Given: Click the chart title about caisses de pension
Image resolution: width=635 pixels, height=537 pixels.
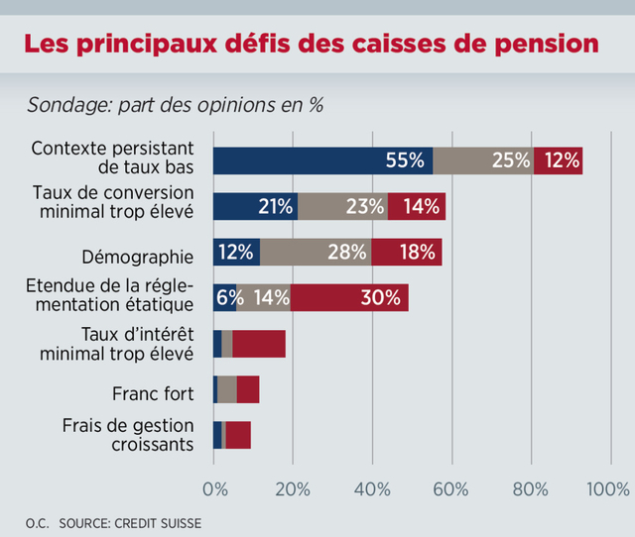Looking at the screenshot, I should click(x=311, y=45).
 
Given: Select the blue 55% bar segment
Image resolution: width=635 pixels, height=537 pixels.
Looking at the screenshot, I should click(x=322, y=161).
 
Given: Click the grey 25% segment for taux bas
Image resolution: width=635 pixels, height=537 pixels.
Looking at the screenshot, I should click(x=483, y=161).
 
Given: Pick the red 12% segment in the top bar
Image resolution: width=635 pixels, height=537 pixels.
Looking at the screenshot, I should click(x=558, y=161).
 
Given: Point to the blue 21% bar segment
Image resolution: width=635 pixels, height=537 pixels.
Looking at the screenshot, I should click(x=255, y=206).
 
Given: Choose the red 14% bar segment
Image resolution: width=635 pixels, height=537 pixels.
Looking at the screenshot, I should click(x=417, y=206).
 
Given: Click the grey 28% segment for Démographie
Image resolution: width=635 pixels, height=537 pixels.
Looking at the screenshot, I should click(x=316, y=252).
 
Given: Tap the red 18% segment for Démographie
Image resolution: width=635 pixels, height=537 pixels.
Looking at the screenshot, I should click(x=407, y=252).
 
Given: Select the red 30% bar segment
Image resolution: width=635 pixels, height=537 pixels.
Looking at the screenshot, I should click(x=349, y=297).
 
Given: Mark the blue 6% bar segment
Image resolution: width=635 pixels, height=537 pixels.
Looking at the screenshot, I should click(x=224, y=297).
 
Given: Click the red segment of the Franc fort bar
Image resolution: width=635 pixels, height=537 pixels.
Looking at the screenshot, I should click(x=248, y=389).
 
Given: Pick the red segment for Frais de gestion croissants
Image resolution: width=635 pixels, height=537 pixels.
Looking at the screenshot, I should click(x=238, y=435).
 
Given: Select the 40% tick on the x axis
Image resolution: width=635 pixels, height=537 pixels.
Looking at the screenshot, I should click(x=372, y=489).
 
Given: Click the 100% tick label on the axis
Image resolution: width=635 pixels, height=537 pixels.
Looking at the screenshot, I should click(x=608, y=489).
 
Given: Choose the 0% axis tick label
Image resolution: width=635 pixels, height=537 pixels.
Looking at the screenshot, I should click(x=213, y=489).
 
